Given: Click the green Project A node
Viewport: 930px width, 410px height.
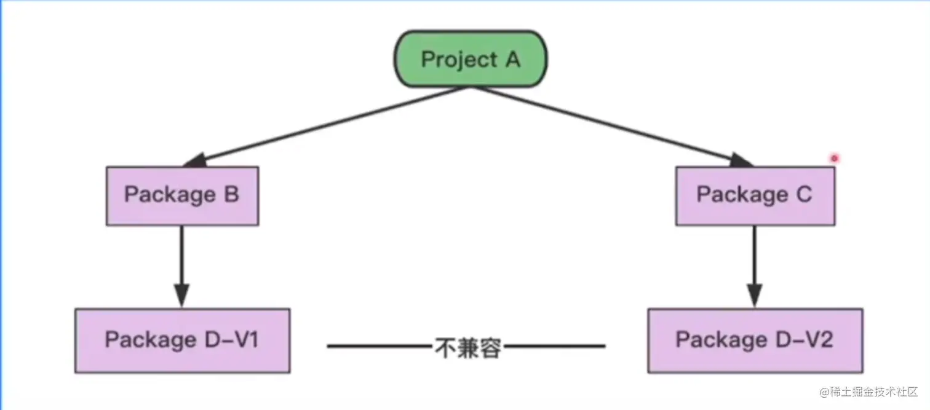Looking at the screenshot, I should click(471, 60).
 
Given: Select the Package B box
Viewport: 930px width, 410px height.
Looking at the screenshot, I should click(182, 195).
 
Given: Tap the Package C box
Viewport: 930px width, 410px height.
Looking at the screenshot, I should click(755, 195).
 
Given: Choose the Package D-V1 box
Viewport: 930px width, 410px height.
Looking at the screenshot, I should click(182, 341).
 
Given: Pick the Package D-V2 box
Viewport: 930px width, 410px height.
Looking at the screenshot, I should click(755, 341).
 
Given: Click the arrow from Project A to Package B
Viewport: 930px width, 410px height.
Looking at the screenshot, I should click(326, 126).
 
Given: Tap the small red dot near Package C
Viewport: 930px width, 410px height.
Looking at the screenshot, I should click(835, 159).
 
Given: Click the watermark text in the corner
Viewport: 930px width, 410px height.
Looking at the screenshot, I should click(867, 392).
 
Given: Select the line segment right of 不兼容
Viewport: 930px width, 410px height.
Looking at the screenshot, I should click(554, 347).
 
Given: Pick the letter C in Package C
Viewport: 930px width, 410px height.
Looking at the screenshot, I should click(803, 195).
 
